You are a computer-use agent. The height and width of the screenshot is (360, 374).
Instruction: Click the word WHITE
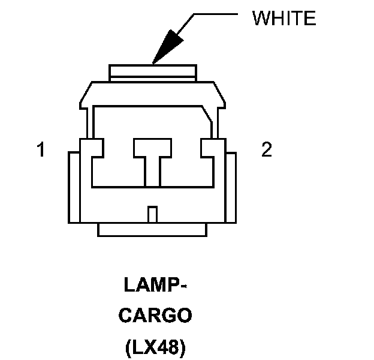pos(283,19)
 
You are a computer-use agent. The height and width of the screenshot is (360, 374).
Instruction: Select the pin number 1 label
pos(41,149)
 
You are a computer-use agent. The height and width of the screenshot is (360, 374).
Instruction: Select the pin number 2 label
pos(267,149)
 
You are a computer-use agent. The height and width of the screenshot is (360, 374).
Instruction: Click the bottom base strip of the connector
pos(153,229)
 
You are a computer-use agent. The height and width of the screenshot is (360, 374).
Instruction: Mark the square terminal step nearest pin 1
pos(92,147)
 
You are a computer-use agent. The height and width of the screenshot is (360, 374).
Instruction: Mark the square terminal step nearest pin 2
pos(213,147)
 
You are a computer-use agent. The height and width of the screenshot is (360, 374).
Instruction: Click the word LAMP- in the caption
pos(153,286)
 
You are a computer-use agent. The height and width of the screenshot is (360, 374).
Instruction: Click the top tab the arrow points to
pos(153,73)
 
